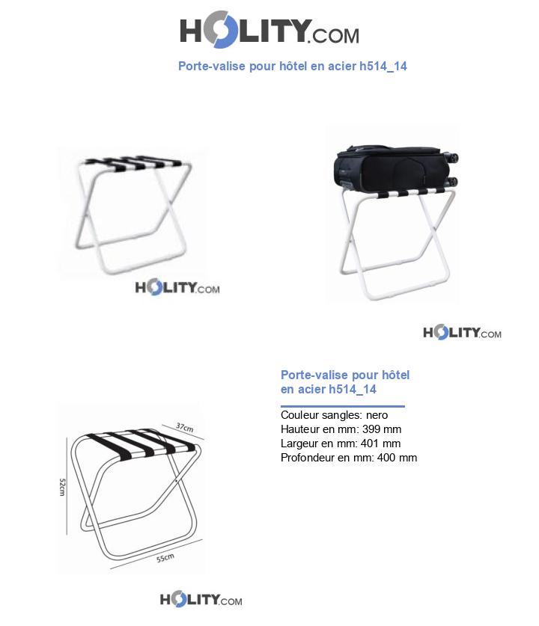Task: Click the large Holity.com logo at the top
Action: point(269,30)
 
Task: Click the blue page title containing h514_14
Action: point(293,66)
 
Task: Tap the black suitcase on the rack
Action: point(396,168)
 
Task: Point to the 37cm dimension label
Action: point(185,427)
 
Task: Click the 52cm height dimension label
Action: point(62,487)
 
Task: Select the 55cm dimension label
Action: point(165,557)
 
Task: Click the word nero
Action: point(377,415)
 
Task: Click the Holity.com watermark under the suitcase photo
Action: point(463,332)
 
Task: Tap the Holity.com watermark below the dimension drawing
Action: point(201,599)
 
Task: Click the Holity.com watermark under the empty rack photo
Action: point(177,287)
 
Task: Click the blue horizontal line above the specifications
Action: point(343,406)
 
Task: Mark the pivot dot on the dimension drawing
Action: point(176,481)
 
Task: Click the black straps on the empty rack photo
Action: point(134,163)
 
